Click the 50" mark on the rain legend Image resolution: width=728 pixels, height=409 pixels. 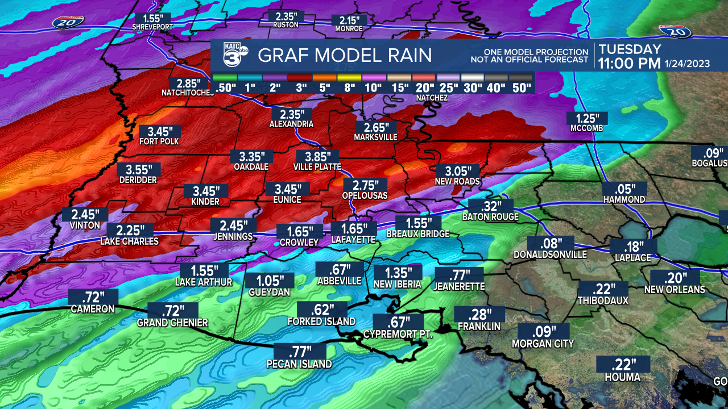click(522, 87)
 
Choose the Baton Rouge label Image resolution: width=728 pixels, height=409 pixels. click(490, 217)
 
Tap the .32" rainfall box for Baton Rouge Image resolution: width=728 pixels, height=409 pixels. click(490, 206)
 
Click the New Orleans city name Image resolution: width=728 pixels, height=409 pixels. click(675, 290)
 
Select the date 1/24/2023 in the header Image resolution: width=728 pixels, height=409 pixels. click(687, 64)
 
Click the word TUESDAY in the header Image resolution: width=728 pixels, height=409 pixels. click(630, 49)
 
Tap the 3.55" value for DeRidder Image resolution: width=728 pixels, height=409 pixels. click(139, 169)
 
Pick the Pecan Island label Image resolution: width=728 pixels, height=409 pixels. click(299, 364)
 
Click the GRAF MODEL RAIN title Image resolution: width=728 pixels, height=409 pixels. click(345, 56)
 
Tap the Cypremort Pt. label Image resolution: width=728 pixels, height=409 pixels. click(398, 335)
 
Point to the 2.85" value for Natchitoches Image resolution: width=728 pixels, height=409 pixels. click(189, 82)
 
